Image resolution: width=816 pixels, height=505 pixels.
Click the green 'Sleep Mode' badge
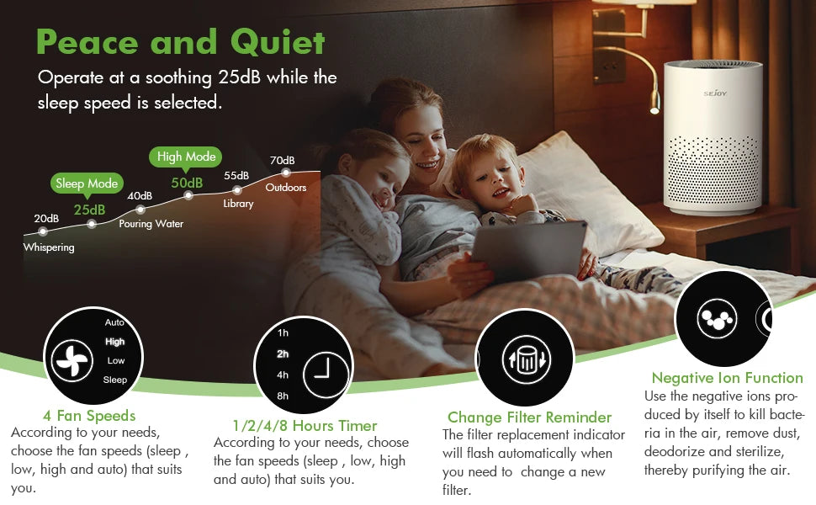tap(87, 183)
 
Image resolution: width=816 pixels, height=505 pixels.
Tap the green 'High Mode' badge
tap(187, 157)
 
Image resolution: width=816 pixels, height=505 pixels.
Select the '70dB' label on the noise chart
tap(282, 161)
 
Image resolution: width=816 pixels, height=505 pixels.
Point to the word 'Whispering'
tap(49, 247)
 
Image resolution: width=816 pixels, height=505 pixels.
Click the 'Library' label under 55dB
tap(238, 204)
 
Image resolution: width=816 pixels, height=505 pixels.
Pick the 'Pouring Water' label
tap(151, 224)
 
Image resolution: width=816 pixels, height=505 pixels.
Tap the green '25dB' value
tap(89, 210)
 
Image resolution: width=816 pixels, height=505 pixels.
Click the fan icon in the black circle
tap(71, 360)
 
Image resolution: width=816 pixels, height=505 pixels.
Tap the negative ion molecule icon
tap(717, 319)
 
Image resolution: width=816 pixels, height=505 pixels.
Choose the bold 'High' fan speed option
tap(114, 342)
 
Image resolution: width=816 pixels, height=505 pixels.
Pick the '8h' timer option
tap(283, 396)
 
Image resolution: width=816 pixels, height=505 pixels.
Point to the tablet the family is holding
tap(527, 252)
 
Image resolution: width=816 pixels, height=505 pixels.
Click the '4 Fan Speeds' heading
tap(89, 416)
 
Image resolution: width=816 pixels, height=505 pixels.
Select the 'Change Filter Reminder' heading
tap(529, 417)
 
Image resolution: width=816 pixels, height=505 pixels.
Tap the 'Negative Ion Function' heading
tap(727, 378)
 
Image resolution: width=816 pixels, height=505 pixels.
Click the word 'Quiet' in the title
tap(271, 41)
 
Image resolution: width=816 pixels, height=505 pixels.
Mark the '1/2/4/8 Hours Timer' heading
tap(305, 426)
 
